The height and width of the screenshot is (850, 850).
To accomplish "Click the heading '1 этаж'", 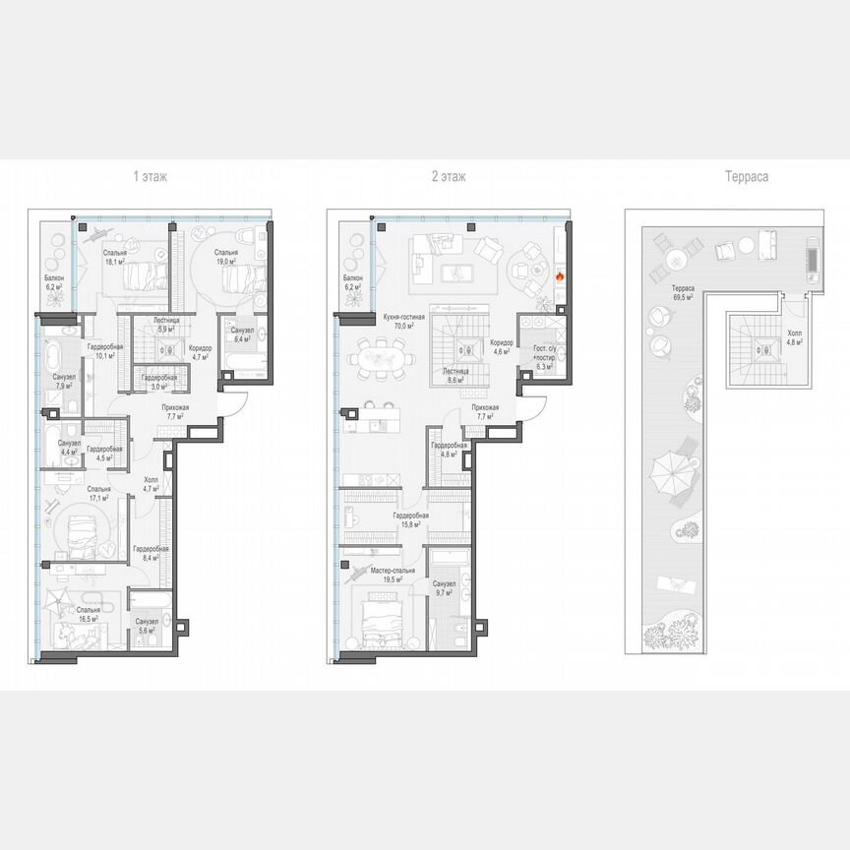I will click(x=151, y=177).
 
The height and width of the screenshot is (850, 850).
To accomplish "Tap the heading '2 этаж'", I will click(x=450, y=177).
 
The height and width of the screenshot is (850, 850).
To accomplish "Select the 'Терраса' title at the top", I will click(x=748, y=177).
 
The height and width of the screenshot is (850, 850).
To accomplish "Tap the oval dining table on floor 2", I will click(x=379, y=357).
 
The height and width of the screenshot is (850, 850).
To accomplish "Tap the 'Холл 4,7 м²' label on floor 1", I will click(x=152, y=483).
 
